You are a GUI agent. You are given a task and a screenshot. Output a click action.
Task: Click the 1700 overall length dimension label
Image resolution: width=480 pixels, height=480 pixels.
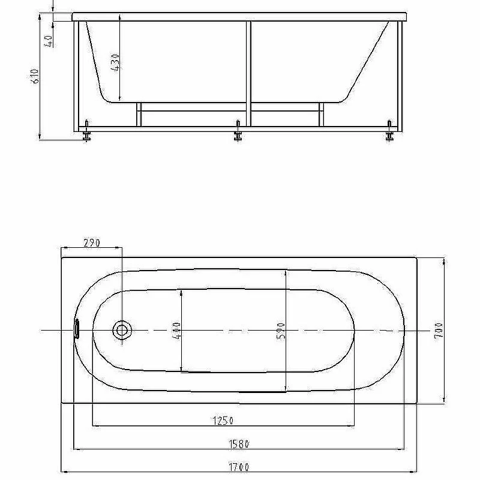point(239,467)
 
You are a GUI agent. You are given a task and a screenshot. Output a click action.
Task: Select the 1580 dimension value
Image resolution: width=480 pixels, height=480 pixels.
point(239,443)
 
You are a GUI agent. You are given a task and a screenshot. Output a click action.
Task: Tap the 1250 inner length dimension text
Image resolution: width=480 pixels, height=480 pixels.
point(223,421)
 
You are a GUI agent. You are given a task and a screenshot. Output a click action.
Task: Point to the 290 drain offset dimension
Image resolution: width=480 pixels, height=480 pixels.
point(92,243)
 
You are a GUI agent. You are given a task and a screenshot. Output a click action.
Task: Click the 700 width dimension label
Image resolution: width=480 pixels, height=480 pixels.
point(439,331)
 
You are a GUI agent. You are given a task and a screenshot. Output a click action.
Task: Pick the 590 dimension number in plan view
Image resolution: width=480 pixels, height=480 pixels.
point(281,331)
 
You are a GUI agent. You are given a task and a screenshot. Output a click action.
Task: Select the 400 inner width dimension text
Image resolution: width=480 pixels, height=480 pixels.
point(176,330)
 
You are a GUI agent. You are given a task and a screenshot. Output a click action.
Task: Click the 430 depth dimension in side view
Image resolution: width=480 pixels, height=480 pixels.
point(115,63)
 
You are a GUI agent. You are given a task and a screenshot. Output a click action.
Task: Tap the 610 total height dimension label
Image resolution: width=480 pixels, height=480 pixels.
point(35,76)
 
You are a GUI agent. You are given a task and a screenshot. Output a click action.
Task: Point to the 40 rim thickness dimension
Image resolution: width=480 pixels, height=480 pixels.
point(49,41)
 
